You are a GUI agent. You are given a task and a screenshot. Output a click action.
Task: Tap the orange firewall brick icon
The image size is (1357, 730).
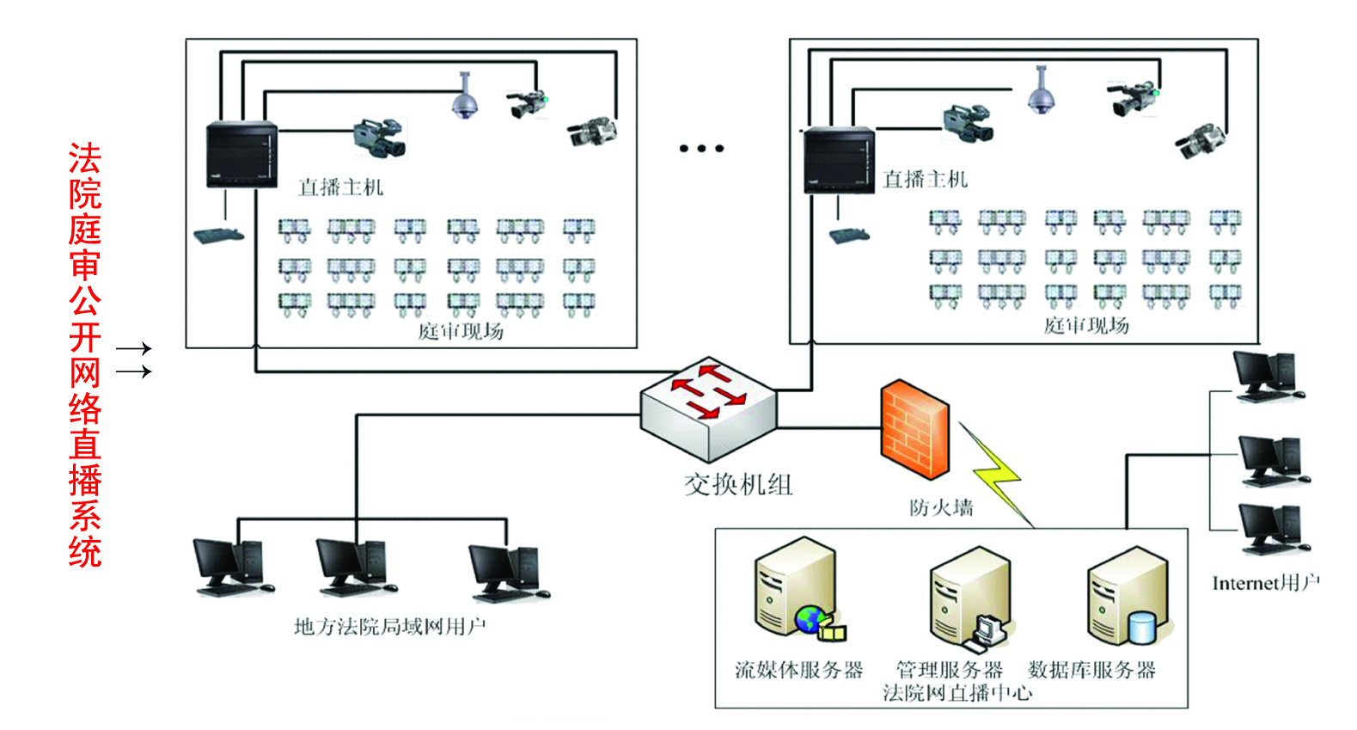[x=914, y=429]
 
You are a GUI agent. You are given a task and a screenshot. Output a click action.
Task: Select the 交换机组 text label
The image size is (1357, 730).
[x=737, y=485]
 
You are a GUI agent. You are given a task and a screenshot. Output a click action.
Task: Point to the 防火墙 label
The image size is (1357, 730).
[x=941, y=507]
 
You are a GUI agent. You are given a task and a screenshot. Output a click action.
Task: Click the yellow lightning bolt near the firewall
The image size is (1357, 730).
[x=997, y=473]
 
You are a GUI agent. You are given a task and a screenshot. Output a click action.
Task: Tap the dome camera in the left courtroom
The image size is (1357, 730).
[x=465, y=96]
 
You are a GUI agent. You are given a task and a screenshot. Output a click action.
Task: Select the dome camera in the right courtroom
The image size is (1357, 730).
[x=1042, y=90]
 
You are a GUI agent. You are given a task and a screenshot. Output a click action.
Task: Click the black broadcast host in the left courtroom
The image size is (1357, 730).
[x=241, y=154]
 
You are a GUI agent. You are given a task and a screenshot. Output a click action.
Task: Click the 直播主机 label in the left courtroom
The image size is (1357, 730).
[x=340, y=187]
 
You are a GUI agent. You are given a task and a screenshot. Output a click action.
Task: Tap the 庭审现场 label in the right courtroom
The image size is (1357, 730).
[x=1086, y=325]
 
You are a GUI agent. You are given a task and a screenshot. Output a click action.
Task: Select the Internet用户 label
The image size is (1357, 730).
[x=1265, y=583]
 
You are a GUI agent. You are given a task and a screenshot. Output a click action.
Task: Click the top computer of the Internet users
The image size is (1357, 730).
[x=1265, y=377]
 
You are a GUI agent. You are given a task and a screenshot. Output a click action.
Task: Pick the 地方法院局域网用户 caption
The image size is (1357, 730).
[x=389, y=626]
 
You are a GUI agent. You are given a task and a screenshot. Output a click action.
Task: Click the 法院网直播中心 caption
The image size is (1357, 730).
[x=957, y=693]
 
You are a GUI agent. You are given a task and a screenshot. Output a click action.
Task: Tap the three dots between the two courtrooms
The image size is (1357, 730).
[x=701, y=149]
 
